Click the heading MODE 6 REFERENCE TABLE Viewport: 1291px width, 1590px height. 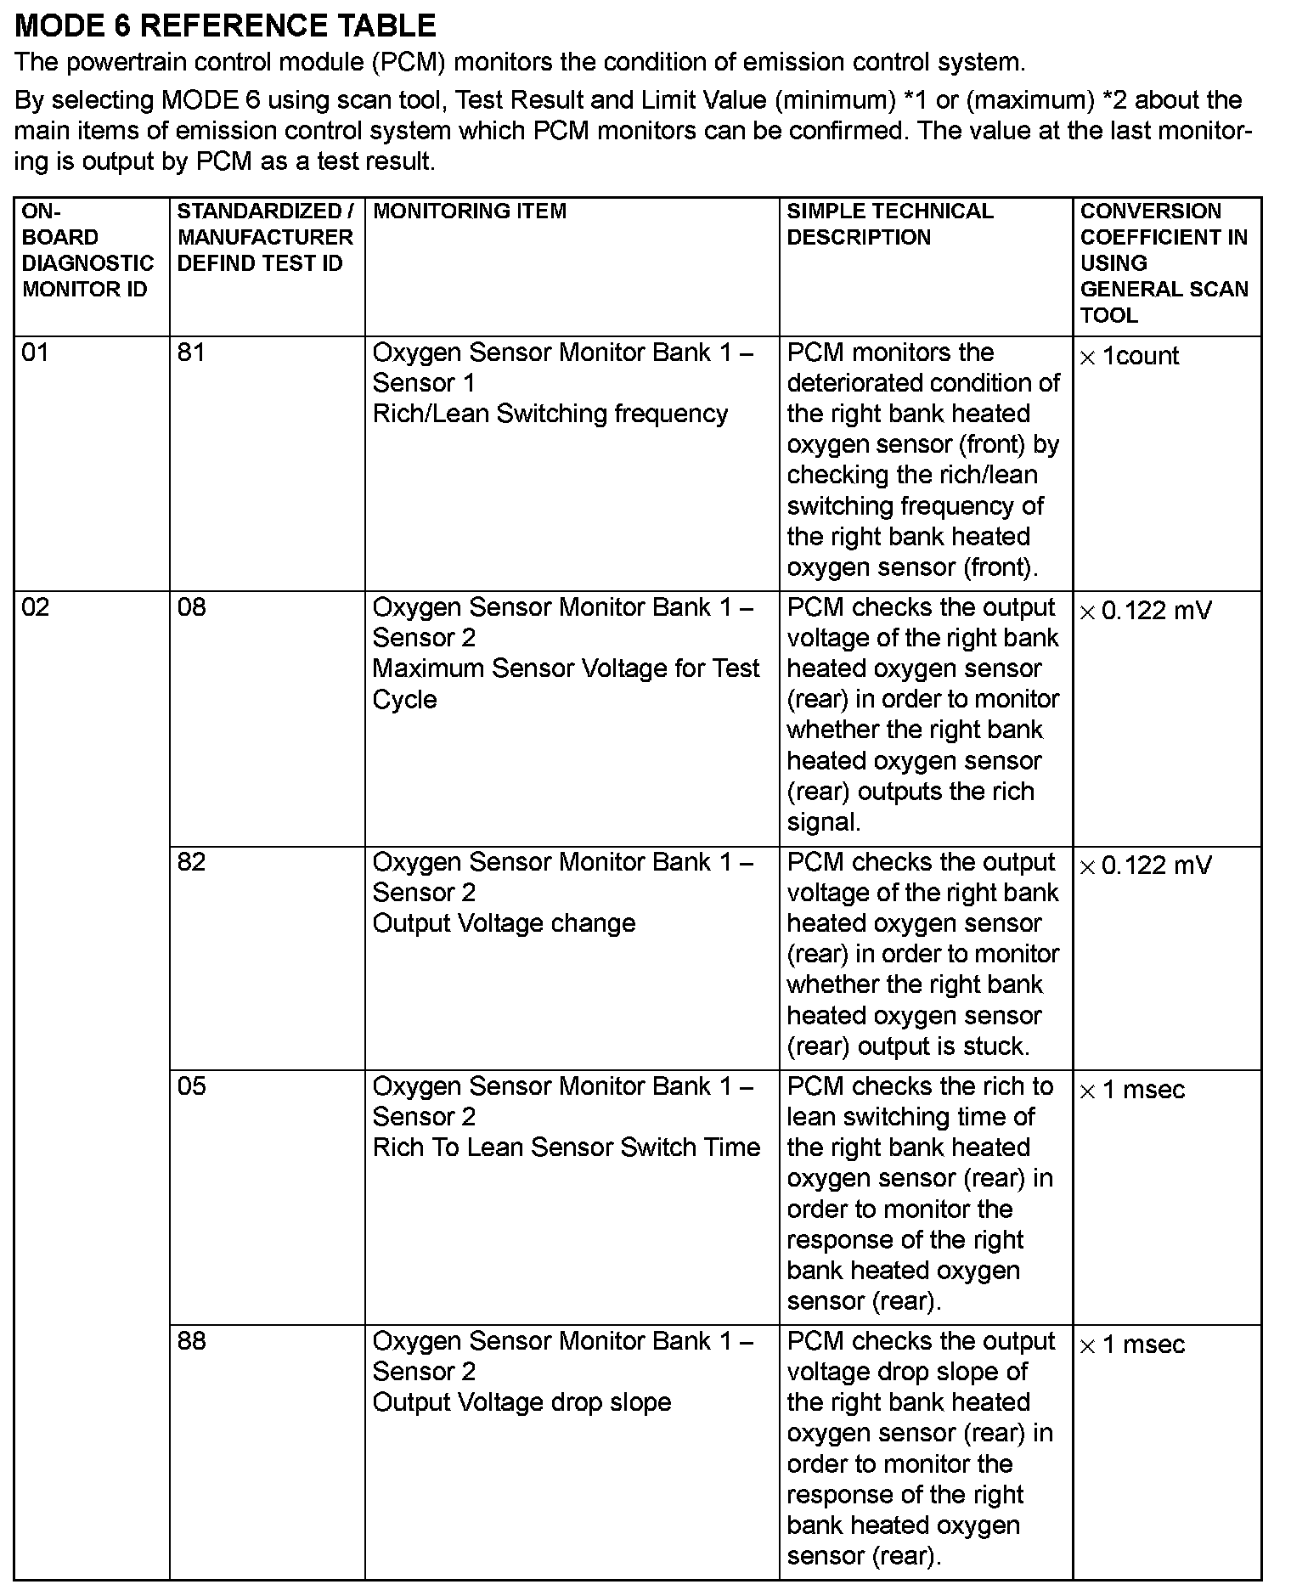pyautogui.click(x=226, y=26)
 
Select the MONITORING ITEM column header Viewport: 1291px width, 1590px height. pyautogui.click(x=470, y=211)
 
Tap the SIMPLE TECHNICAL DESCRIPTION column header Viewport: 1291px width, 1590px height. pyautogui.click(x=889, y=224)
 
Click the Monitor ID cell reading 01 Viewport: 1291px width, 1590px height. pyautogui.click(x=36, y=352)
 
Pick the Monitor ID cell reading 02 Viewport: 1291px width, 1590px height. pyautogui.click(x=36, y=607)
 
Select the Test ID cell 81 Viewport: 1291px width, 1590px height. pyautogui.click(x=191, y=352)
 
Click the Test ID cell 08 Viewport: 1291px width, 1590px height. pyautogui.click(x=191, y=607)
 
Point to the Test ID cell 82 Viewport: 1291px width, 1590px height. pyautogui.click(x=191, y=862)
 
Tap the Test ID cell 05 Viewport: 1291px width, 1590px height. pyautogui.click(x=191, y=1086)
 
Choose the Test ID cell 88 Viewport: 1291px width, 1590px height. pyautogui.click(x=191, y=1341)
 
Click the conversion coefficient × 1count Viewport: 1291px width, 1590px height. pyautogui.click(x=1129, y=357)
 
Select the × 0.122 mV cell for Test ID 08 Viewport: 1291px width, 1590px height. pyautogui.click(x=1145, y=612)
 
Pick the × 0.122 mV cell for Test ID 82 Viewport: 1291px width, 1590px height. pyautogui.click(x=1145, y=866)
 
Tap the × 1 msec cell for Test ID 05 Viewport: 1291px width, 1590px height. pyautogui.click(x=1131, y=1091)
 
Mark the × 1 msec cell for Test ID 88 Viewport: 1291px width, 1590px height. pyautogui.click(x=1131, y=1345)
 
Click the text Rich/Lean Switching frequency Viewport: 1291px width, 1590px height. pyautogui.click(x=550, y=414)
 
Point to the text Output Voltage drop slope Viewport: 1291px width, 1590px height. pyautogui.click(x=521, y=1402)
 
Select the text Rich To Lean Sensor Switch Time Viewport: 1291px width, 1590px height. pyautogui.click(x=567, y=1147)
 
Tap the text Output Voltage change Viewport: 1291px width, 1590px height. pyautogui.click(x=504, y=923)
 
